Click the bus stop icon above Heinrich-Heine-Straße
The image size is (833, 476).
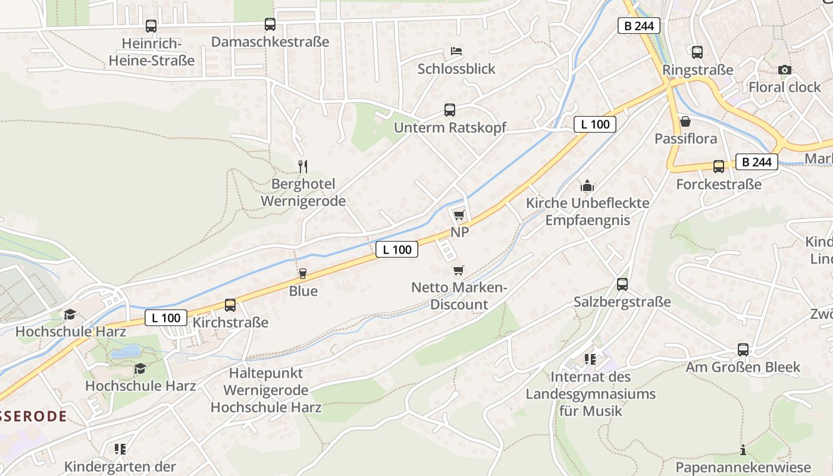click(151, 26)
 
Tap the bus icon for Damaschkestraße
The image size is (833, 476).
click(270, 24)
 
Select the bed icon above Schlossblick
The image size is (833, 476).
click(456, 51)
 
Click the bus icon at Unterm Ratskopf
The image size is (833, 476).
click(450, 110)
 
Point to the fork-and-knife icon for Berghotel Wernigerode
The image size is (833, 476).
click(303, 166)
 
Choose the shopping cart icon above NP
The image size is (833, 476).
click(459, 215)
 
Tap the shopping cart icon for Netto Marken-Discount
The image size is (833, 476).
click(458, 271)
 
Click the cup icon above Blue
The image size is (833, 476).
click(303, 274)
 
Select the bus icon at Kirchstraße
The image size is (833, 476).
click(230, 305)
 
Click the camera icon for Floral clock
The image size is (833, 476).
click(784, 70)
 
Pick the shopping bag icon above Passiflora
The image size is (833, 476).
click(685, 121)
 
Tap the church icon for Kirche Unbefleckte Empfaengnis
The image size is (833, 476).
click(587, 186)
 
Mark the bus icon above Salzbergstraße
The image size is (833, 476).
click(622, 284)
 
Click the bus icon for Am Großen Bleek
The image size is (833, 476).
click(743, 350)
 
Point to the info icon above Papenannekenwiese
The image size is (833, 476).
click(743, 450)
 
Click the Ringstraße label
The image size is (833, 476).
click(698, 70)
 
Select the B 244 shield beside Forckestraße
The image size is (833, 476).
click(757, 162)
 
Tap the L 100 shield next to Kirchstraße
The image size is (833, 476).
click(166, 318)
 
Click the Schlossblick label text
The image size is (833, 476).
click(456, 69)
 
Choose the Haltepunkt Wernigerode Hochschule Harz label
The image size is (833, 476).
click(266, 390)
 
